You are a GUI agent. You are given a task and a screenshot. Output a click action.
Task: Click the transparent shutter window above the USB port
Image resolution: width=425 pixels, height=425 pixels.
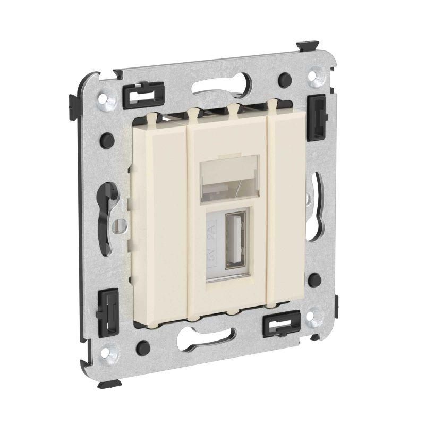click(229, 176)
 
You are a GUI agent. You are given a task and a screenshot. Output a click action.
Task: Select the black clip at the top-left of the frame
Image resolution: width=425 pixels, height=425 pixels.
click(143, 95)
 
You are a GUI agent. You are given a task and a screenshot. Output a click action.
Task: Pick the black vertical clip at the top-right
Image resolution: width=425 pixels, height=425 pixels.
click(317, 117)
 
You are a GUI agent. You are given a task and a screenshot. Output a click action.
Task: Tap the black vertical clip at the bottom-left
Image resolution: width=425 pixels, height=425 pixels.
click(108, 312)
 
